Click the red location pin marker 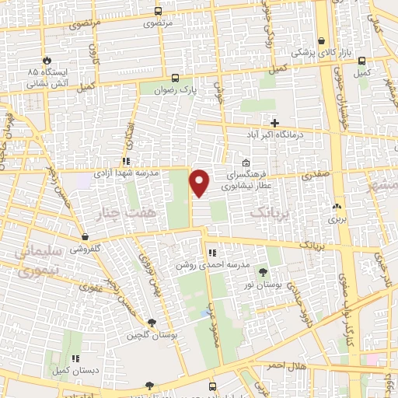pos(201,182)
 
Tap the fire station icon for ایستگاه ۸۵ pos(47,59)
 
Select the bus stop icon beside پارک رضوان pos(175,78)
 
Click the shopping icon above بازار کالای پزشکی pos(321,41)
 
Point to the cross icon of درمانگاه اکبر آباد pos(274,122)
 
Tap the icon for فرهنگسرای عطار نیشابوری pos(246,163)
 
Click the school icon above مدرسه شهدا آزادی pos(126,161)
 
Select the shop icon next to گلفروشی pos(84,237)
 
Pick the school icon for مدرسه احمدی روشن pos(211,253)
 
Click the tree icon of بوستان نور pos(262,271)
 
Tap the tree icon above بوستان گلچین pos(151,322)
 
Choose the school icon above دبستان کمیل pos(75,358)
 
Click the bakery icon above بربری pos(337,207)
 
